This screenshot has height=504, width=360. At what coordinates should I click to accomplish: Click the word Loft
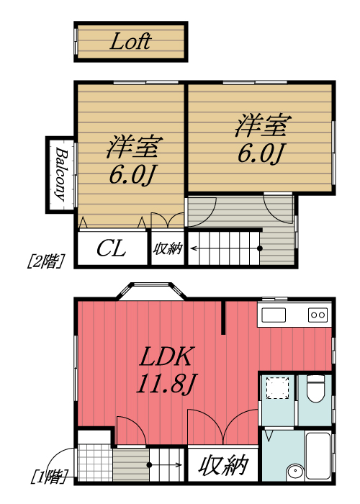click(x=130, y=42)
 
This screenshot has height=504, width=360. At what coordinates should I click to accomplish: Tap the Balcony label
click(x=61, y=175)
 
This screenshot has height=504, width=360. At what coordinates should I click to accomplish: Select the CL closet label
click(x=112, y=249)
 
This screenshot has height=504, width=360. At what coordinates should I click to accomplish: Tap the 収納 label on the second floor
click(x=168, y=249)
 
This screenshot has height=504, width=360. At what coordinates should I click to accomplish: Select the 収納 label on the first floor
click(x=223, y=466)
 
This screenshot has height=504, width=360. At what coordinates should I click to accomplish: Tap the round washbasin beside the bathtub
click(x=295, y=472)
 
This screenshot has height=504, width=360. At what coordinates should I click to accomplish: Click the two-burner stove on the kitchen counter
click(x=317, y=315)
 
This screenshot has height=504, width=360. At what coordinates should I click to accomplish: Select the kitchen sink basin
click(x=274, y=315)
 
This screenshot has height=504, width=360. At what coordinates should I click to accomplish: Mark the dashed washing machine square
click(x=276, y=389)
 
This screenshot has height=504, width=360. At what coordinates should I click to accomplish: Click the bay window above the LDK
click(x=152, y=291)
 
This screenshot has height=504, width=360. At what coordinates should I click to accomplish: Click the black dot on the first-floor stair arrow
click(x=149, y=464)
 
